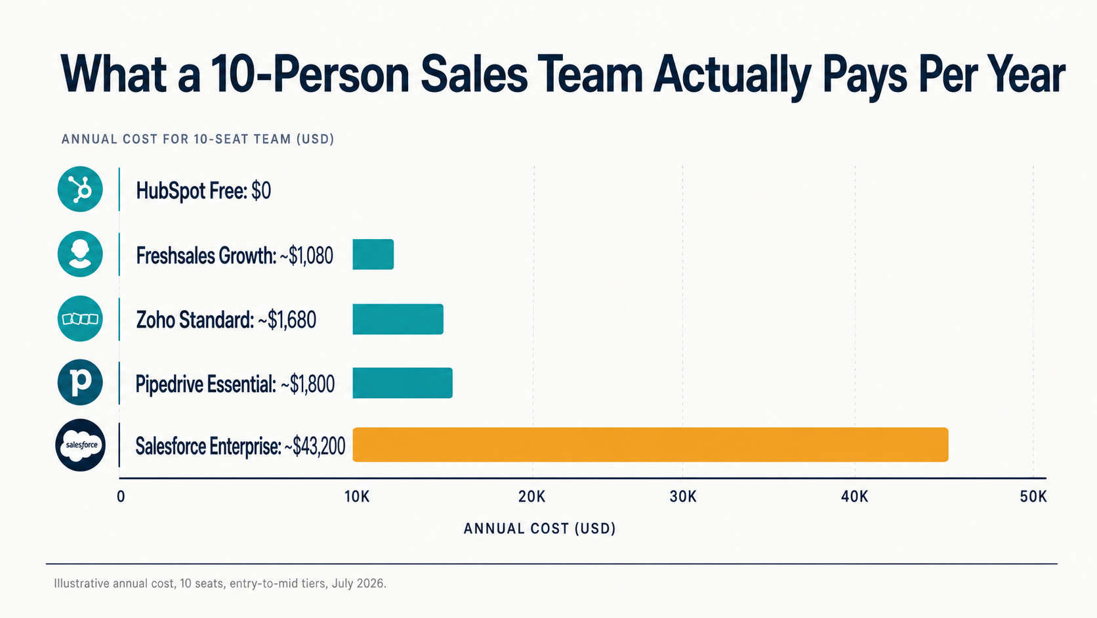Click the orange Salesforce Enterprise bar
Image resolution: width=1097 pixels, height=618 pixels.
[650, 445]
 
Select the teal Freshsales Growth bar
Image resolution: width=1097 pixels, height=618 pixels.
[373, 254]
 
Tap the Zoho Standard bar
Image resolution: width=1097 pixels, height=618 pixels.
[398, 319]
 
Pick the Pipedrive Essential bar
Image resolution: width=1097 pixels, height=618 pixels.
[403, 383]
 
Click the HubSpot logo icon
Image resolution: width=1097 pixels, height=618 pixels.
[80, 189]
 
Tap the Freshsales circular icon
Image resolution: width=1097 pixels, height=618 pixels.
[80, 254]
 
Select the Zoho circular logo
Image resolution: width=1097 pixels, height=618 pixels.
[80, 319]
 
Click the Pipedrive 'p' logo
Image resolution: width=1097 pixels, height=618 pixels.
[80, 382]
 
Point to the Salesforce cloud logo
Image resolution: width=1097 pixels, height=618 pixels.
[80, 445]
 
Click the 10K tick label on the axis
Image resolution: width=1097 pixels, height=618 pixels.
[357, 497]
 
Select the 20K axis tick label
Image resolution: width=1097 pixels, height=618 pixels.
[532, 497]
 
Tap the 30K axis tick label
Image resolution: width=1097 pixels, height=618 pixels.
[683, 497]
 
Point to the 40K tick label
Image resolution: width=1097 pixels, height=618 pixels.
[855, 497]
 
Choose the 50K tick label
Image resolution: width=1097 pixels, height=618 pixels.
[1033, 497]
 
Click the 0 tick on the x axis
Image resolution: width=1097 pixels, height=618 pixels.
[121, 497]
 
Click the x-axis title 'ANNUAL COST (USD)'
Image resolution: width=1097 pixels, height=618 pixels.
[539, 529]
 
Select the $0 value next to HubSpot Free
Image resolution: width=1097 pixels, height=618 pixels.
[261, 190]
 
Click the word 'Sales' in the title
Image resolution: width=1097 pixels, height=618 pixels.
[474, 75]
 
